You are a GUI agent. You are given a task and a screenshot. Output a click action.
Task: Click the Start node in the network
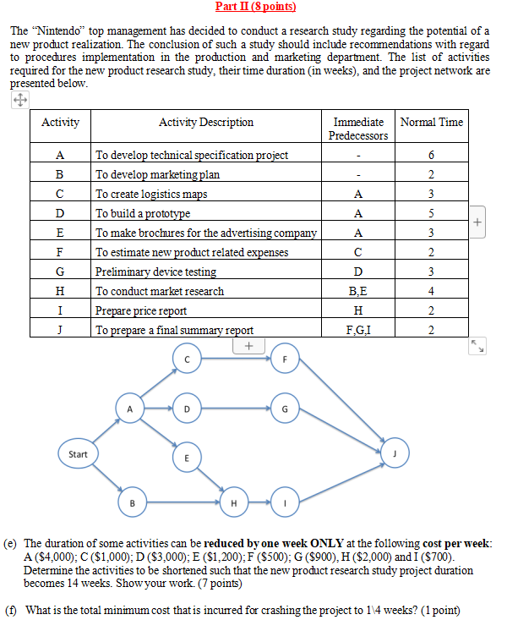pyautogui.click(x=78, y=454)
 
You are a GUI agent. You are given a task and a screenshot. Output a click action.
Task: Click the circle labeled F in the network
pyautogui.click(x=285, y=359)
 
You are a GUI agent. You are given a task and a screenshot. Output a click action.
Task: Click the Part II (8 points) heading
pyautogui.click(x=254, y=7)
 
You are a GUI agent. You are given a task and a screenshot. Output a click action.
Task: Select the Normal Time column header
pyautogui.click(x=431, y=123)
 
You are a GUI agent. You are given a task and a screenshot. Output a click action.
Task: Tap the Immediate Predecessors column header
pyautogui.click(x=358, y=129)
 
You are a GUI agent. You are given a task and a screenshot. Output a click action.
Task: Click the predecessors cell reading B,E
pyautogui.click(x=358, y=291)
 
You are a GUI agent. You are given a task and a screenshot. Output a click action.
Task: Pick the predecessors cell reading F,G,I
pyautogui.click(x=358, y=331)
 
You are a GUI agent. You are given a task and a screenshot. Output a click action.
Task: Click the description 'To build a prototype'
pyautogui.click(x=144, y=213)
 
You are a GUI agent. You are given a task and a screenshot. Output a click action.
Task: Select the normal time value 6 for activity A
pyautogui.click(x=431, y=155)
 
